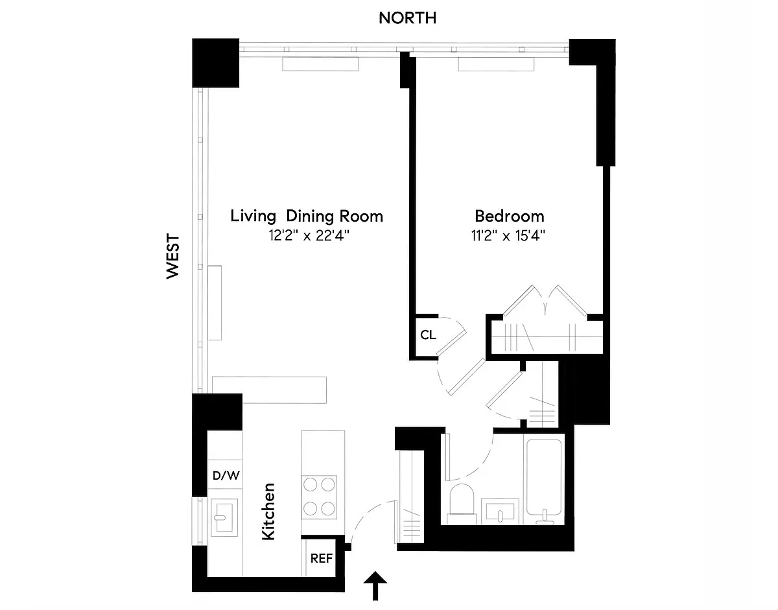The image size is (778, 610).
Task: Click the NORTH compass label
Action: [x=407, y=18]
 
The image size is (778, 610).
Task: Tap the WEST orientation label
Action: [x=172, y=257]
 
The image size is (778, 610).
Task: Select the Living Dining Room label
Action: [x=307, y=216]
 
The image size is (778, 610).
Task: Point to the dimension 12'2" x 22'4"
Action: [x=307, y=236]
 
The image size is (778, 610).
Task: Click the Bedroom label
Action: [x=509, y=216]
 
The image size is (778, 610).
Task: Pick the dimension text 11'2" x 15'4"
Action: [x=509, y=236]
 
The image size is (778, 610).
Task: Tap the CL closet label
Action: [x=428, y=335]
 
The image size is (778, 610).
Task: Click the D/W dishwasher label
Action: [x=226, y=475]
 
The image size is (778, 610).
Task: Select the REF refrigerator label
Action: [x=322, y=558]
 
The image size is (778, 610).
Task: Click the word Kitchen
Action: [x=268, y=511]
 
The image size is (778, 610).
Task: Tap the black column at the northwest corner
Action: [x=217, y=63]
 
